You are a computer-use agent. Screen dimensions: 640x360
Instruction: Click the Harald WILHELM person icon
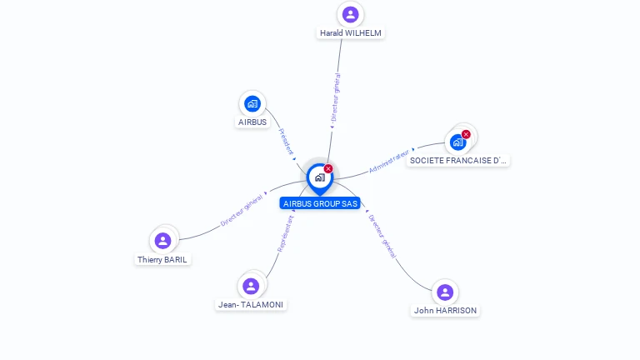pos(351,14)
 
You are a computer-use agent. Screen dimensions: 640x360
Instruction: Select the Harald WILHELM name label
pos(351,33)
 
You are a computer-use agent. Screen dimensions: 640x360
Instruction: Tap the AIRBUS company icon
pos(252,104)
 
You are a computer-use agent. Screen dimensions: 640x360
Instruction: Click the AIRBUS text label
pos(252,122)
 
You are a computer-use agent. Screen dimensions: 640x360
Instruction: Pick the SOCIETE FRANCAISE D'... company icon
pos(457,142)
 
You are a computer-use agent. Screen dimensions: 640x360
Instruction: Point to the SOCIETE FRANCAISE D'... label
pos(457,160)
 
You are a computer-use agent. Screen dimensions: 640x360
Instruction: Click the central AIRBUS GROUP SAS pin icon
pos(319,177)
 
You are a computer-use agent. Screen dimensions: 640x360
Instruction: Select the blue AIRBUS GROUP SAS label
pos(320,203)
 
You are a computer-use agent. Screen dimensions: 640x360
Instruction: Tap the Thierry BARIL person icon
pos(163,241)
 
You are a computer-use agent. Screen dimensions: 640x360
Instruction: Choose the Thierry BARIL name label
pos(163,259)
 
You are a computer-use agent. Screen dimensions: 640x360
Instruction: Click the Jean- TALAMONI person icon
pos(251,286)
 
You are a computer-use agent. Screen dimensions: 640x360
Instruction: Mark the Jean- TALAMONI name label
pos(251,305)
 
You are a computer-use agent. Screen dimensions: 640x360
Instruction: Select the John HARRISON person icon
pos(445,292)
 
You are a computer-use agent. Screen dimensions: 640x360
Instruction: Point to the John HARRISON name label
pos(445,311)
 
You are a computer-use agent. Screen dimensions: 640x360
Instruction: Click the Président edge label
pos(286,142)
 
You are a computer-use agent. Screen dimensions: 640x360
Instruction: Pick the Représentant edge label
pos(286,232)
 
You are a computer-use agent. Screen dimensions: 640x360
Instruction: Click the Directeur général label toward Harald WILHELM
pos(335,98)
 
